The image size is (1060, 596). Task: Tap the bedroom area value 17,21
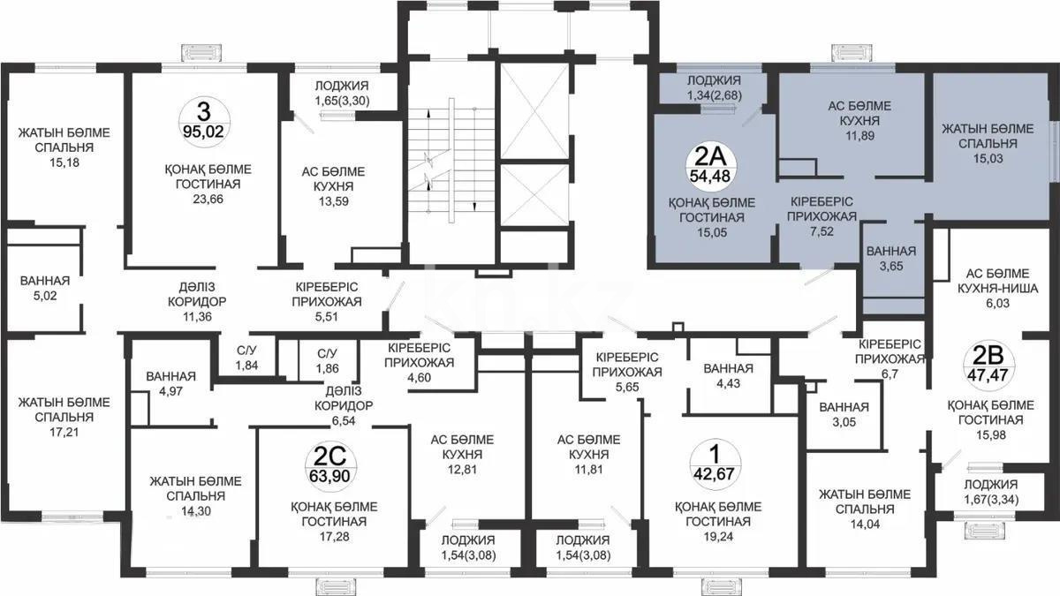click(64, 433)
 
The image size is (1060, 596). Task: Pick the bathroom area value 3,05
click(844, 423)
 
